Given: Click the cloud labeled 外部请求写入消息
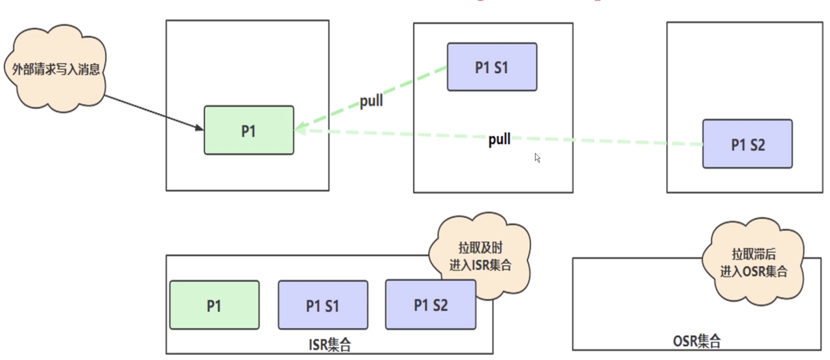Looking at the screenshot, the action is click(56, 69).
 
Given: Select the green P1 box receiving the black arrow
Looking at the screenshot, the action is click(249, 130).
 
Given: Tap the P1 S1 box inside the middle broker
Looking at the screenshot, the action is click(492, 67).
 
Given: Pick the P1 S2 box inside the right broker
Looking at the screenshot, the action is click(748, 144).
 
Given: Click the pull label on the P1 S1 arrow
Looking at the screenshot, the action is click(372, 101).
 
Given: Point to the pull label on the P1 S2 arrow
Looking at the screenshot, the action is click(499, 139).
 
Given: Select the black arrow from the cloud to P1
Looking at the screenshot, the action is click(154, 113).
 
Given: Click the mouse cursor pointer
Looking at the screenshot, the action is click(538, 158).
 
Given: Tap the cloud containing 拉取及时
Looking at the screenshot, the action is click(480, 256).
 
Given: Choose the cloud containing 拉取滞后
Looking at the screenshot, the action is click(753, 263).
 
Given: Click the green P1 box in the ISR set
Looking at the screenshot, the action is click(215, 305).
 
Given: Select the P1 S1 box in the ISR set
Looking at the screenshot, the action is click(323, 305).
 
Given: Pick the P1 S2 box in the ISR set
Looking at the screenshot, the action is click(431, 304).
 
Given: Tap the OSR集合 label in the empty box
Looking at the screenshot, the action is click(697, 341).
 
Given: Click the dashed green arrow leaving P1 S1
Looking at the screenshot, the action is click(370, 98).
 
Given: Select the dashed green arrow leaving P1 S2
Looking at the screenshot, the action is click(499, 137).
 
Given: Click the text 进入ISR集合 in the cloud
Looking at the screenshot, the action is click(480, 265).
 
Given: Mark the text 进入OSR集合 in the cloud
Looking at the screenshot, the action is click(753, 271).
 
